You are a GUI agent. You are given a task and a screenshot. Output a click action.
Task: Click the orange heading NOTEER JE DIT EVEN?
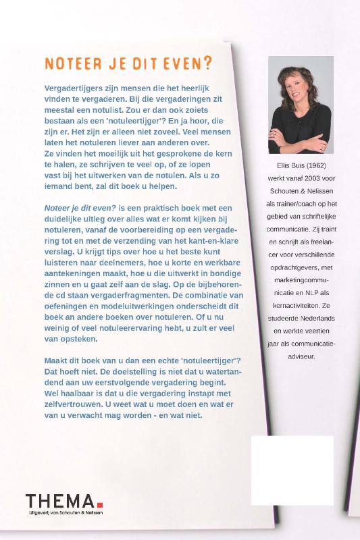click(x=128, y=63)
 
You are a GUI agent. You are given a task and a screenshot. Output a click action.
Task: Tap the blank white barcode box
click(x=292, y=470)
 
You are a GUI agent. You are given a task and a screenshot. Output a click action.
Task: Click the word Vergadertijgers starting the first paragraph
click(x=75, y=88)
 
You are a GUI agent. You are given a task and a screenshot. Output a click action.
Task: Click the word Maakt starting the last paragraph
click(x=57, y=361)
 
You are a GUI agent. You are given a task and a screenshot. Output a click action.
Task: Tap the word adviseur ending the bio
click(x=301, y=356)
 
